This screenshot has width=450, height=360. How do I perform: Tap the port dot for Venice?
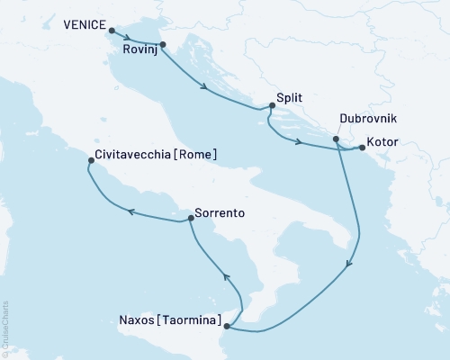point(112,31)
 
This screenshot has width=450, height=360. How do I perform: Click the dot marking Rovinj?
point(162,43)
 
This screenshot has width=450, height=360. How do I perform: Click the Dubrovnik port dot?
point(336,139)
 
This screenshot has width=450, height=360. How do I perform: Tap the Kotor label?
point(382,141)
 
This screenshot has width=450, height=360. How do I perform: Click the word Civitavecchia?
point(132,154)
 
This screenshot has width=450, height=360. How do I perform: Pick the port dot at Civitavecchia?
point(90,161)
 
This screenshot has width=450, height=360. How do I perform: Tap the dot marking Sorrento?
point(191,218)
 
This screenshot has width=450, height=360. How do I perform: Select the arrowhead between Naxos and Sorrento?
point(226,277)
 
